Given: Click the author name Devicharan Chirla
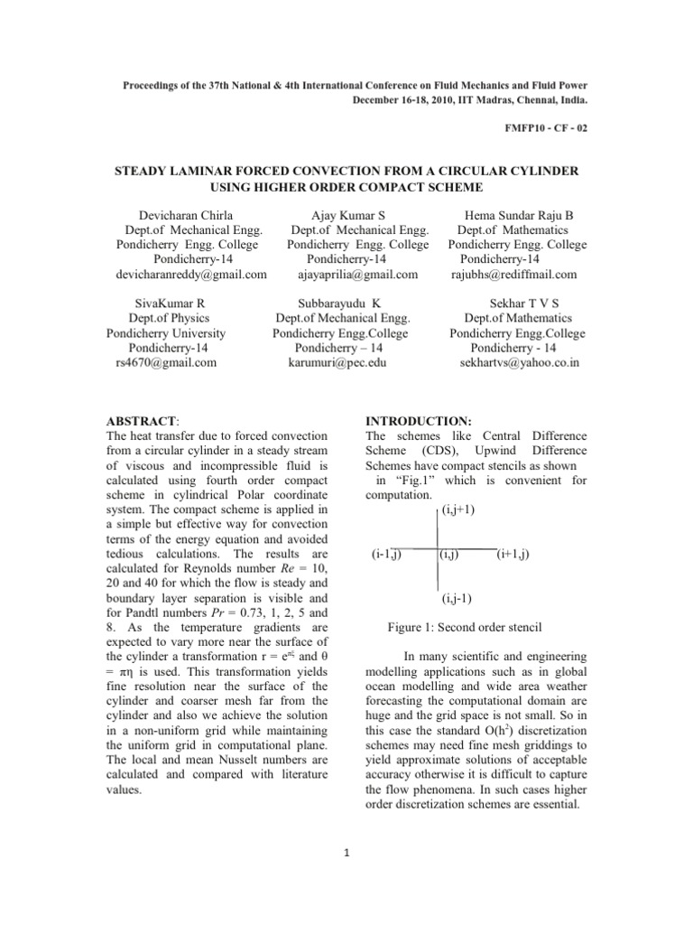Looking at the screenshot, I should [186, 216].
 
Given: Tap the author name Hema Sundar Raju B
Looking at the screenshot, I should [518, 216].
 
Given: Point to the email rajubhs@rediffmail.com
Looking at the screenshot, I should [513, 274].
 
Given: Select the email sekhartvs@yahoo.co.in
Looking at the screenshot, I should [519, 362].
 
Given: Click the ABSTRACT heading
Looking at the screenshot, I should [143, 422].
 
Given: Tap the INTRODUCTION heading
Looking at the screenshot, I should [417, 422].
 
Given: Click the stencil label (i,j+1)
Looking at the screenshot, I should [459, 509].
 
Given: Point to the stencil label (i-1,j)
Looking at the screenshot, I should [386, 554].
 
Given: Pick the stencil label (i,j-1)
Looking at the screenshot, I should [459, 598].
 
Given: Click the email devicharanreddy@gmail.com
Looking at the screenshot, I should [191, 274].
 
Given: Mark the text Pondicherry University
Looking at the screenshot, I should [166, 332].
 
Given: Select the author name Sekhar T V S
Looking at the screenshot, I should [518, 304].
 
